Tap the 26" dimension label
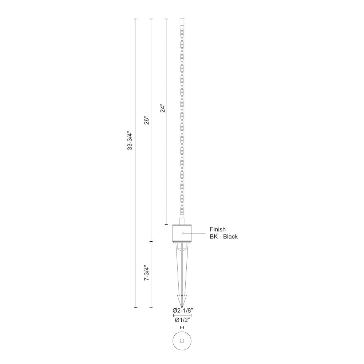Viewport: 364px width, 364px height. (146, 120)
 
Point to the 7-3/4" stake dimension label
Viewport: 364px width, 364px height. (146, 273)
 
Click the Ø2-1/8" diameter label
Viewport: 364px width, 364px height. (183, 310)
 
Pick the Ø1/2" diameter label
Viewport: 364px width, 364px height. (183, 320)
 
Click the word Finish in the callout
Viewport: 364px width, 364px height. (218, 229)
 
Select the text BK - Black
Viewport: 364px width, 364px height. (223, 237)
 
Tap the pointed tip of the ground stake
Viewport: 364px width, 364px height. (182, 307)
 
